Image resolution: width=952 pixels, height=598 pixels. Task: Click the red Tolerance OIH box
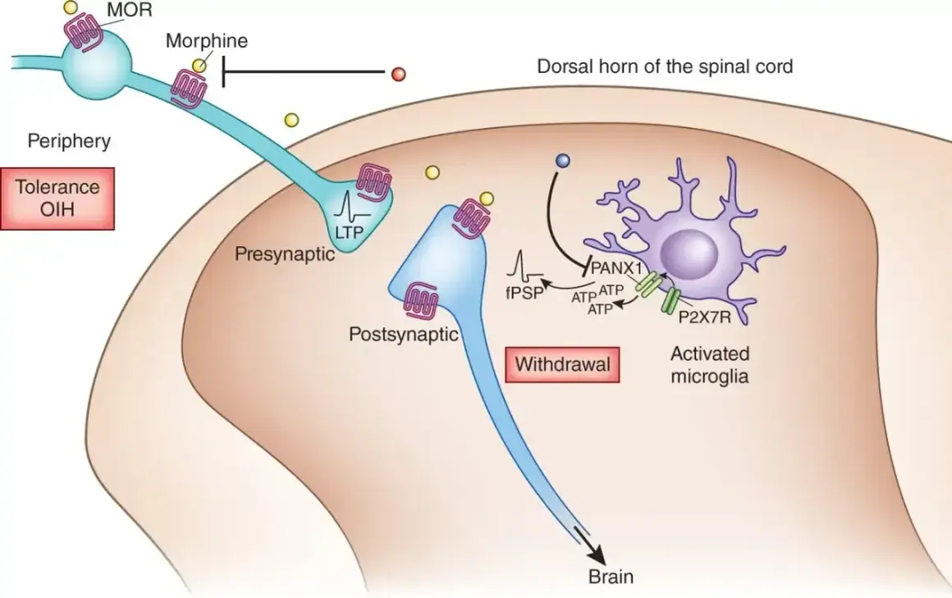pos(57,198)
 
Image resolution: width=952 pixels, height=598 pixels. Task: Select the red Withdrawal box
pos(562,364)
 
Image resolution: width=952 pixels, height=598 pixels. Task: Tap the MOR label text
pos(130,10)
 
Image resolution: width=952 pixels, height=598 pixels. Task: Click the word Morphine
pos(207,41)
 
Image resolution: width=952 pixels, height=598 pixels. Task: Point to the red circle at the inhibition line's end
pos(398,74)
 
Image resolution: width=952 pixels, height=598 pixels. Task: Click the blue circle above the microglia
pos(564,161)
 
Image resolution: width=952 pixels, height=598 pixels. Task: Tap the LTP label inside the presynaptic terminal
pos(349,231)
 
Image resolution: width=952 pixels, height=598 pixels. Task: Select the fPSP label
pos(524,293)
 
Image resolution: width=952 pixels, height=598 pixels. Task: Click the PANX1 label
pos(616,267)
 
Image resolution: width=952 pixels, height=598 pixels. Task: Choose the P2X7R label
pos(704,317)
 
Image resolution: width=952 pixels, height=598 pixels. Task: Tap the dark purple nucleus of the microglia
pos(689,247)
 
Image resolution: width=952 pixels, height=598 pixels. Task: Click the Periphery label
pos(69,141)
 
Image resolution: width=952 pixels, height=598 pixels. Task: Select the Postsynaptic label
pos(403,334)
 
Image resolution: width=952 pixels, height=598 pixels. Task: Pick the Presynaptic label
pos(285,253)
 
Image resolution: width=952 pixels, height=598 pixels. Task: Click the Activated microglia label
pos(710,364)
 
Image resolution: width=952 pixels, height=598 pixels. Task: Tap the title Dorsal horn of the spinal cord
pos(665,66)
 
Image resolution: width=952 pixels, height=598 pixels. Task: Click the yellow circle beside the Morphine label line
pos(198,66)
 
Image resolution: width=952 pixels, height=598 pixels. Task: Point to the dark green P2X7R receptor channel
pos(671,300)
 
